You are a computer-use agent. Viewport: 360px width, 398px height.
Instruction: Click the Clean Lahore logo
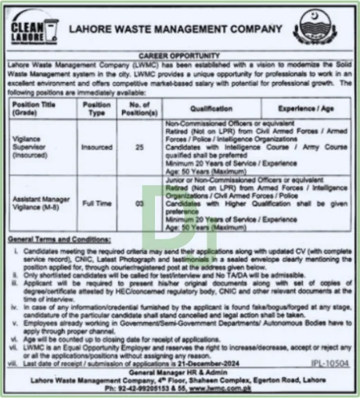pos(35,30)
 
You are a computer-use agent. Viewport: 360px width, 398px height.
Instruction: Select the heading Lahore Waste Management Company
pos(176,30)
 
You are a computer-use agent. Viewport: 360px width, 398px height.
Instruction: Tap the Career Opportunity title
pos(178,57)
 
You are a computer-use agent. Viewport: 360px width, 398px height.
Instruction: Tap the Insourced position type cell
pos(97,145)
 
